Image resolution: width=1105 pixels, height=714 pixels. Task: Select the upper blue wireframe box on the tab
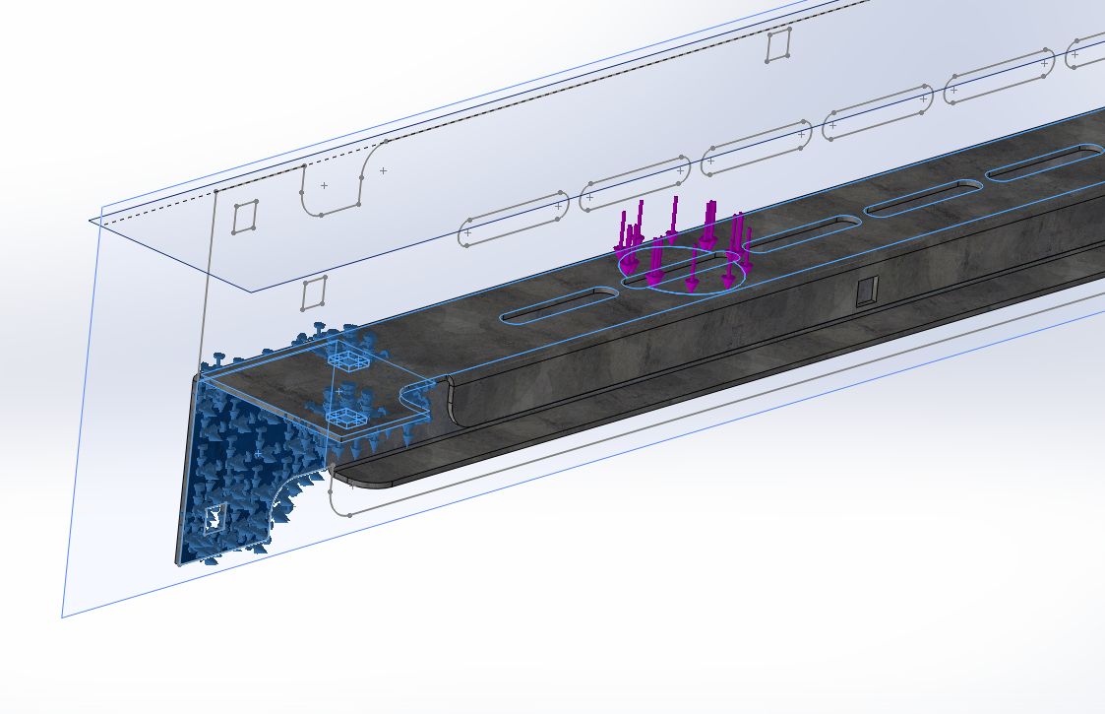349,360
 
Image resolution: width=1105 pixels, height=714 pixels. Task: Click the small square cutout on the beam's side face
866,292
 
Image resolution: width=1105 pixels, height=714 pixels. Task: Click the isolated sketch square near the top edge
778,45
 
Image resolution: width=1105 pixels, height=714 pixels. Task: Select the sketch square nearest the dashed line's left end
245,217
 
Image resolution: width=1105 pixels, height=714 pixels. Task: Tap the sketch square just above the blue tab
314,292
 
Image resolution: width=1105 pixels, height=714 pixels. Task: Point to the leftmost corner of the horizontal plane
91,220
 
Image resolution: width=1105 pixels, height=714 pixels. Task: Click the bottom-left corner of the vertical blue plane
62,617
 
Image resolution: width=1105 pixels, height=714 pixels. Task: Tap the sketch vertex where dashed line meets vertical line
215,190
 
